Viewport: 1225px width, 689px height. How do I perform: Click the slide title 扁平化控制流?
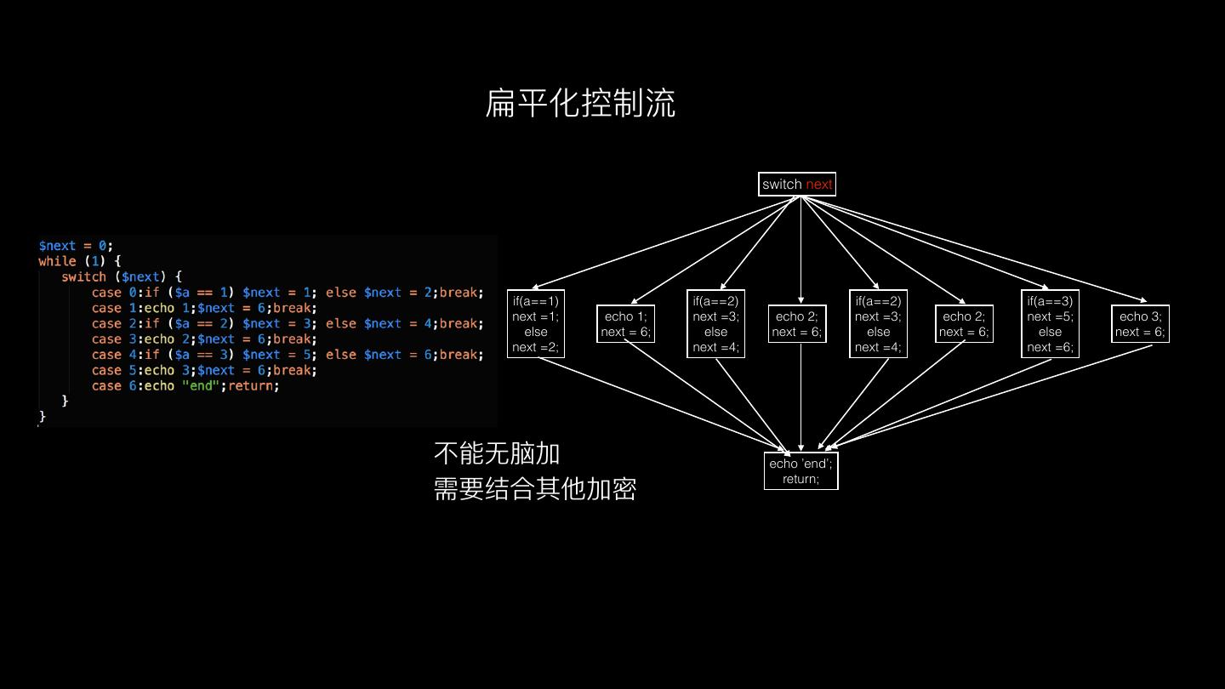[580, 103]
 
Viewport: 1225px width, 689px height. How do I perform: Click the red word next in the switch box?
[819, 185]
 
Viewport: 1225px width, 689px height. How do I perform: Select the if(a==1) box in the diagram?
[536, 323]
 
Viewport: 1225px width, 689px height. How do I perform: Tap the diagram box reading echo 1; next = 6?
[625, 324]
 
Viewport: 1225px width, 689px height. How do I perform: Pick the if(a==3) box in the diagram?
[1050, 323]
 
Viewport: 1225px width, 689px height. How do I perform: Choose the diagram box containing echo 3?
[1140, 324]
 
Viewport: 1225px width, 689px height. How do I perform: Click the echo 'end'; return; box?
[801, 471]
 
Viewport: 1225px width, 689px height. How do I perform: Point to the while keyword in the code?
[57, 261]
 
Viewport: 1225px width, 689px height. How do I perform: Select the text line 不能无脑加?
[497, 453]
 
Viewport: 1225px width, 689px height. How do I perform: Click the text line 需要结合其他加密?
[534, 489]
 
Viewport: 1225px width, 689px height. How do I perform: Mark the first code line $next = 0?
[76, 246]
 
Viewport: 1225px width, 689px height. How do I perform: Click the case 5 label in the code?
[114, 370]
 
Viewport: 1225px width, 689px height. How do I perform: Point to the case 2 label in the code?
[114, 323]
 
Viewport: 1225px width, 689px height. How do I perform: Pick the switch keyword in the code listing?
[83, 276]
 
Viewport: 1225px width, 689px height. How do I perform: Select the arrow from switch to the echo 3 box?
[978, 250]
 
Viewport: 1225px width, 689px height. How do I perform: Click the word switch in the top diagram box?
[782, 185]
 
